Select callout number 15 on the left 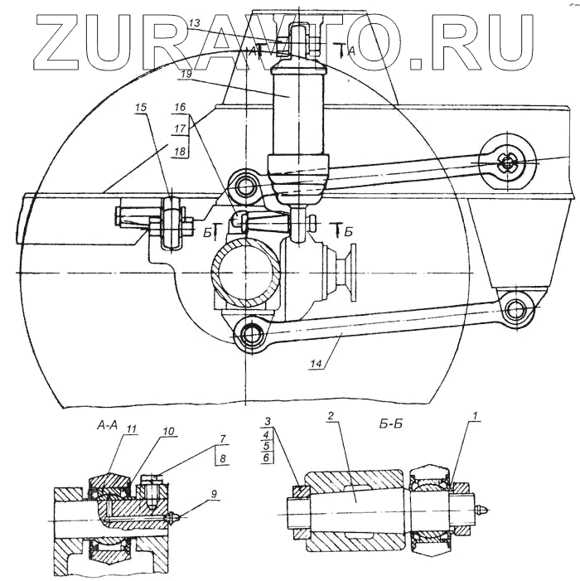142,108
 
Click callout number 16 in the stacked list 180,108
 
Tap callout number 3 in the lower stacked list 266,421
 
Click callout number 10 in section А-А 169,432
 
